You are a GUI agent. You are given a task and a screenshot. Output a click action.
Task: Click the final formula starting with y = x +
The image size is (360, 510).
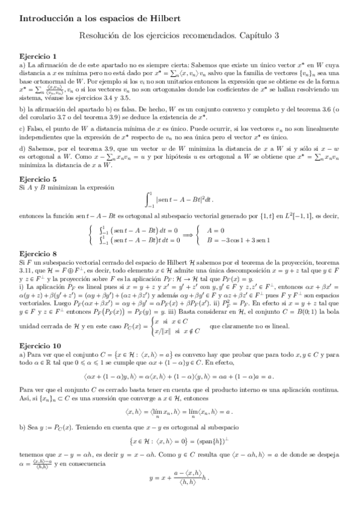coord(180,494)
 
